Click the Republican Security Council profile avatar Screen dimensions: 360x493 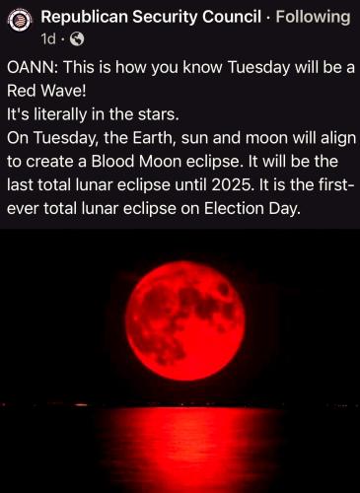click(x=20, y=21)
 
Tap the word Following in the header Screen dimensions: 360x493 click(x=313, y=17)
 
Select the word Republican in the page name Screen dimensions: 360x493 click(x=85, y=17)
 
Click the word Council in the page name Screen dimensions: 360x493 click(x=232, y=17)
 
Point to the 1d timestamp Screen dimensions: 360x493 click(x=48, y=39)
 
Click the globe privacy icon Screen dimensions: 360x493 click(x=78, y=39)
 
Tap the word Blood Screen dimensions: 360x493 click(x=112, y=162)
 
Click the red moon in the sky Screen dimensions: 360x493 click(x=185, y=320)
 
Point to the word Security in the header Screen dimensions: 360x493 click(x=165, y=18)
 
